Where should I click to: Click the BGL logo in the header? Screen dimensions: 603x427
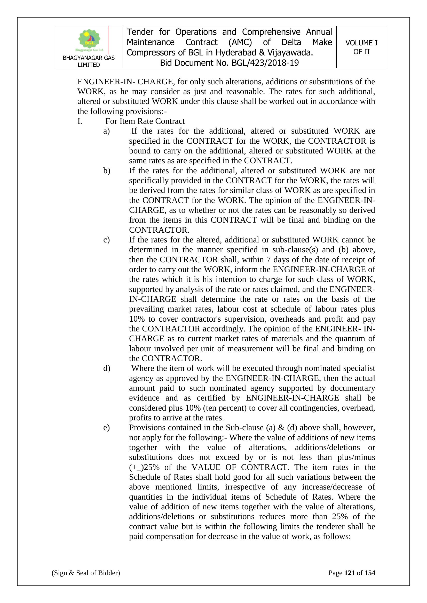pos(89,41)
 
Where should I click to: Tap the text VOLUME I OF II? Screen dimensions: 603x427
pos(361,47)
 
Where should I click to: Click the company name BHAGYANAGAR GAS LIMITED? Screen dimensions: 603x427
pos(89,61)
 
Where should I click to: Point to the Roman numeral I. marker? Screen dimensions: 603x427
pos(80,121)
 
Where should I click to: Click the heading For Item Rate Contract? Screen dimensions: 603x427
pos(145,121)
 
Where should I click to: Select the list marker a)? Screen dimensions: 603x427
pos(106,131)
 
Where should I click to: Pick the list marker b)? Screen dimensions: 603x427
pos(106,171)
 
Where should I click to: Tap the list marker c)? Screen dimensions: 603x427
pos(106,240)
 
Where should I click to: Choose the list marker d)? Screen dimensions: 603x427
pos(106,368)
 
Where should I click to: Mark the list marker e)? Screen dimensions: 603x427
pos(106,428)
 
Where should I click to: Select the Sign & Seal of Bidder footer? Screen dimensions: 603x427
pos(86,573)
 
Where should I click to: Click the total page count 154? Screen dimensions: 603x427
pos(370,573)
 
